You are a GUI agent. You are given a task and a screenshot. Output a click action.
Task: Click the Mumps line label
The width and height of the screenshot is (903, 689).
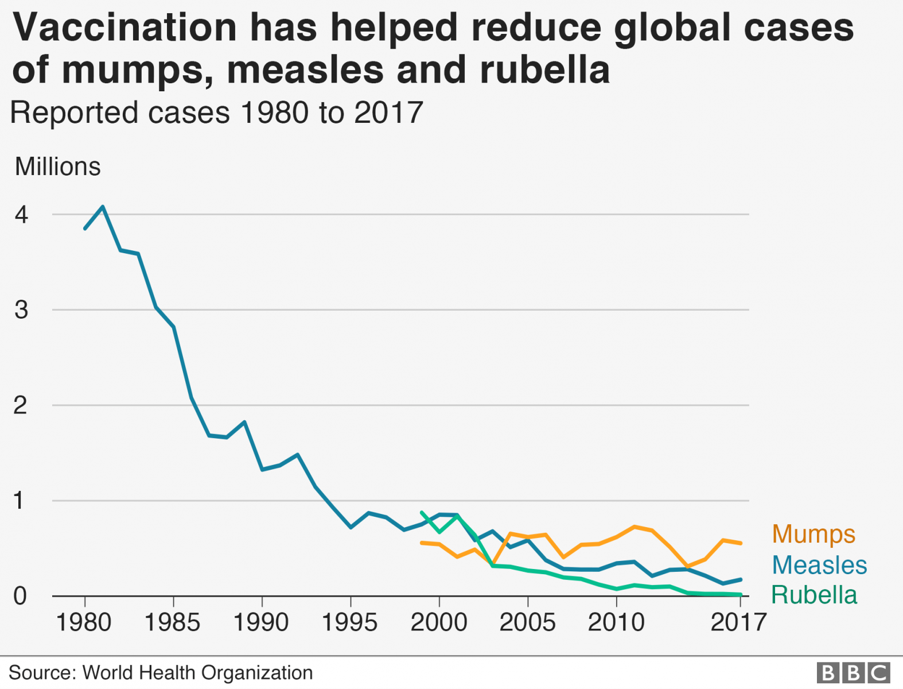pos(813,534)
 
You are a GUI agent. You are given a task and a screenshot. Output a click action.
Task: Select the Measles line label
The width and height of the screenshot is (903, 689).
pos(819,565)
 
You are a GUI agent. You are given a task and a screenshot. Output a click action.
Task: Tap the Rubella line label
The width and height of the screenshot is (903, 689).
pos(814,595)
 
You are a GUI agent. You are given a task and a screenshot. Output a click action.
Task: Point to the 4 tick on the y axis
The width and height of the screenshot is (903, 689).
pos(21,215)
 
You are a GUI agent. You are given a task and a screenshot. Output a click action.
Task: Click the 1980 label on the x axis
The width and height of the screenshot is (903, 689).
pos(84,622)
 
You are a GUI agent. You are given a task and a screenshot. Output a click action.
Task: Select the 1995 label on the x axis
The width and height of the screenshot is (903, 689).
pos(350,622)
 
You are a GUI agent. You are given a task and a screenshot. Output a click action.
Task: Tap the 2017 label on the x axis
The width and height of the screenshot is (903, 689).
pos(738,622)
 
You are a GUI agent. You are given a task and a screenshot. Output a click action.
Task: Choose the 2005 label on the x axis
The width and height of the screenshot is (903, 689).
pos(527,622)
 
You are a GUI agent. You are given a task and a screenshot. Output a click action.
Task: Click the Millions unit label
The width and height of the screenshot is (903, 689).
pos(57,167)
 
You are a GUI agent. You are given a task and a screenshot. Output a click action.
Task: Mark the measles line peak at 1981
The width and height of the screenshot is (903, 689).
pos(103,206)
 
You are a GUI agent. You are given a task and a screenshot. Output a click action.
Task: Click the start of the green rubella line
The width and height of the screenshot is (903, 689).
pos(422,512)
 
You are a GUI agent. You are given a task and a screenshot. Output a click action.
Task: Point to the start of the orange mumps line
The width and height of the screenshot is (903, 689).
pos(422,543)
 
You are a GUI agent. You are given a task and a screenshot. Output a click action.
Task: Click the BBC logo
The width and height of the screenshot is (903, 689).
pos(853,672)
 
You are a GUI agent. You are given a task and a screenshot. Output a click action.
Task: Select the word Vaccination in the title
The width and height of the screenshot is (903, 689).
pos(124,27)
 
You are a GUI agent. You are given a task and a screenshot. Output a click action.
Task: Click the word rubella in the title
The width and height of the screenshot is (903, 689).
pos(544,69)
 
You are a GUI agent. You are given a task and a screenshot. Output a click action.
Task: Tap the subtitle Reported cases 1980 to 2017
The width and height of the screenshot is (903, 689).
pos(216,113)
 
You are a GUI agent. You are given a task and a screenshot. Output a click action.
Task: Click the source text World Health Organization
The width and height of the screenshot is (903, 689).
pos(197,672)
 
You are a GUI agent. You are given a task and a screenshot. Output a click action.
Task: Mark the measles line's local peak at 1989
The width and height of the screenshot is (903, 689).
pos(245,422)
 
